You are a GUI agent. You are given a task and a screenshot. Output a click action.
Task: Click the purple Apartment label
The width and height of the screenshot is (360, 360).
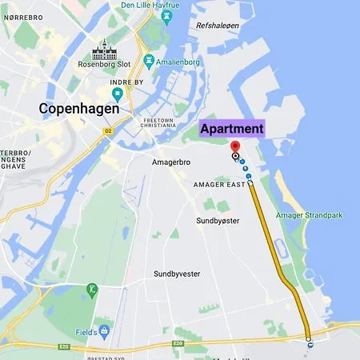pos(231,128)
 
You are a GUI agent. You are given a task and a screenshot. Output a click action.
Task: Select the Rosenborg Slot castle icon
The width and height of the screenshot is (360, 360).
pos(105,52)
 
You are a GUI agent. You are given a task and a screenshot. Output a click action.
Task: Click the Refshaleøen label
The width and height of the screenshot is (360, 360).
pos(218,26)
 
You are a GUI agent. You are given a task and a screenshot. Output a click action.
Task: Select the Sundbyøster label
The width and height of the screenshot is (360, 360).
pos(218,220)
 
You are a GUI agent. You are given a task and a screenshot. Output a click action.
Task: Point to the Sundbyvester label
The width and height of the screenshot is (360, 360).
pos(176,274)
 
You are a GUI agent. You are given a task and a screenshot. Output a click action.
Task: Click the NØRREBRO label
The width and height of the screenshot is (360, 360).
pos(24,17)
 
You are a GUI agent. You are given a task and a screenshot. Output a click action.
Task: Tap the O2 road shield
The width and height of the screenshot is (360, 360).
pos(109,130)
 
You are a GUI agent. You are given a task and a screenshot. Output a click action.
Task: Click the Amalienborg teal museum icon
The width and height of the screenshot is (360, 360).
pos(148,61)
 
